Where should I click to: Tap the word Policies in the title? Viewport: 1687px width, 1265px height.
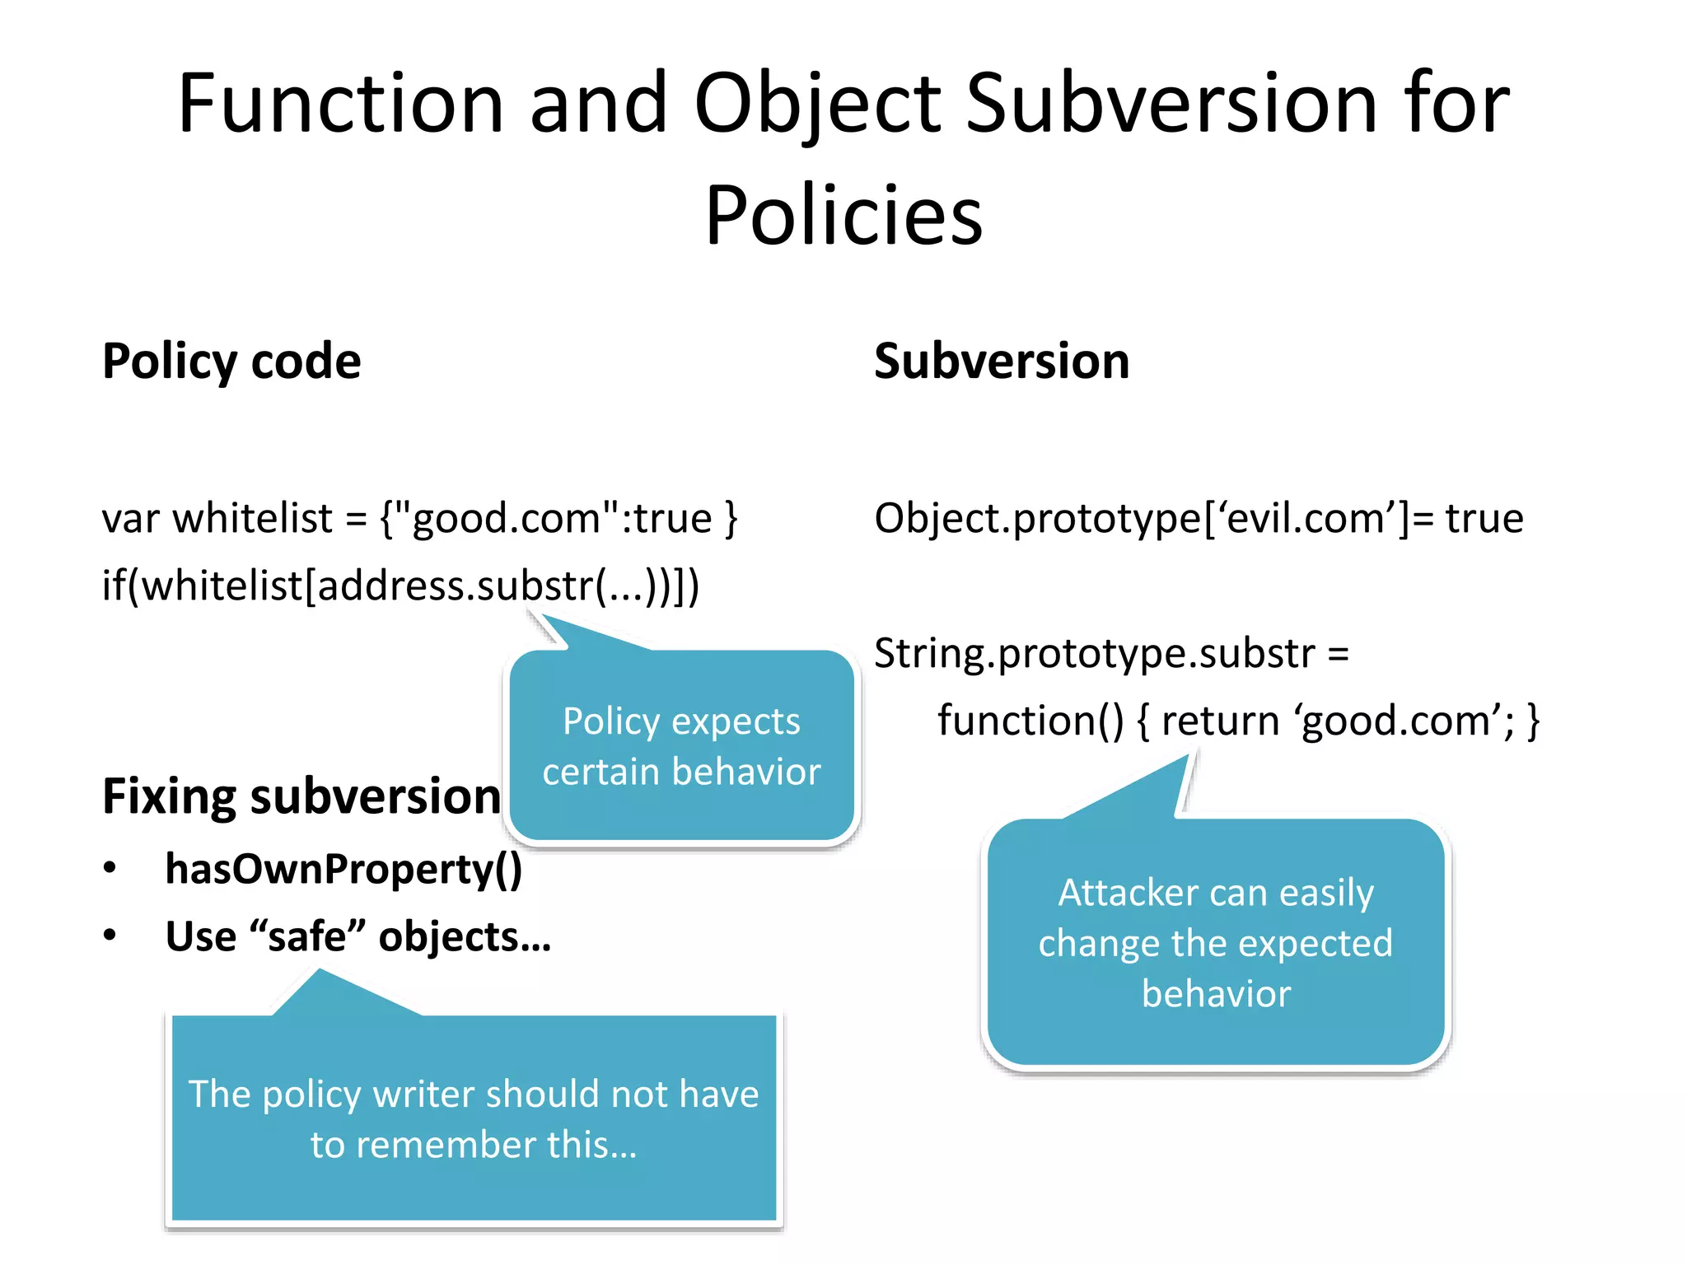[843, 215]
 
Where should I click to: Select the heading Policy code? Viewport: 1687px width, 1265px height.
[231, 361]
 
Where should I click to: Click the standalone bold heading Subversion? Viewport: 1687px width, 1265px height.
[1001, 361]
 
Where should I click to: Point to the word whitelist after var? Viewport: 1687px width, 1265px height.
[252, 519]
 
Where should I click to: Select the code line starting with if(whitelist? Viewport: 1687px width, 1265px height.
[400, 586]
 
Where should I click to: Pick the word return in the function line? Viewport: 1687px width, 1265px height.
[1220, 721]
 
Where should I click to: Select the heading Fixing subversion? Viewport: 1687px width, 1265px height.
[301, 796]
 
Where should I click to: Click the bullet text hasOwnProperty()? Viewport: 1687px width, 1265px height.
[343, 869]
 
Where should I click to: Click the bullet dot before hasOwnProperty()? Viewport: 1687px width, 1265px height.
[110, 869]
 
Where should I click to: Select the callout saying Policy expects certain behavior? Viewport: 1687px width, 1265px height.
[682, 746]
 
